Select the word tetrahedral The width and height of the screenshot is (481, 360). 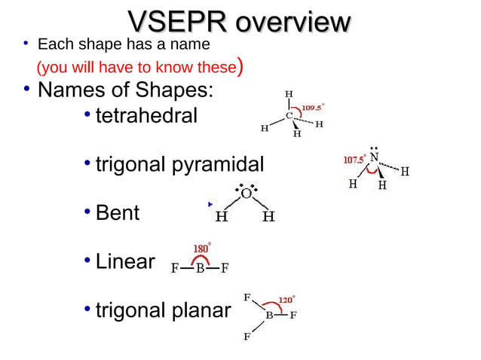(146, 117)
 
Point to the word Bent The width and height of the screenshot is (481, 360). (118, 212)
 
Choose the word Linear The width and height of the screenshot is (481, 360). (125, 261)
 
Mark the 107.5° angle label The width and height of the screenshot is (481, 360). (354, 160)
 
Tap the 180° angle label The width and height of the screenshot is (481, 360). (202, 248)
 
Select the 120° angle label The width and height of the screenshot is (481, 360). (287, 300)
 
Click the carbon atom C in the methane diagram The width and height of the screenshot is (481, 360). (289, 116)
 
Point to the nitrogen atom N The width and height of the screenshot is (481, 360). (374, 157)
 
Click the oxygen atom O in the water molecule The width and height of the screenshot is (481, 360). (246, 194)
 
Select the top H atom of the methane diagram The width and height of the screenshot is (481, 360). (289, 94)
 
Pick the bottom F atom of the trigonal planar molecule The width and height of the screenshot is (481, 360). (246, 337)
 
